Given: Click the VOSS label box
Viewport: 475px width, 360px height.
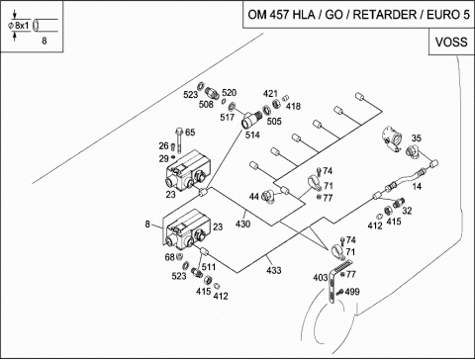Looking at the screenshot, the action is click(x=451, y=42).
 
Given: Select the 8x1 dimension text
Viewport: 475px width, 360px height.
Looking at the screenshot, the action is click(x=22, y=26).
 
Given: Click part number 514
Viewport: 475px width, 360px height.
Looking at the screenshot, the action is click(x=252, y=135).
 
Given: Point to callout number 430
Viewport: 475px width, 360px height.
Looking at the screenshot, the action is click(x=242, y=225).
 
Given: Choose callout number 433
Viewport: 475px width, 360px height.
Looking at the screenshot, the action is click(x=274, y=270).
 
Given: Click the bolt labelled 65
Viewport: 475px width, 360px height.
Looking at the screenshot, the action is click(x=179, y=140).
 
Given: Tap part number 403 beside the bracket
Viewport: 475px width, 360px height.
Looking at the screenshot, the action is click(x=321, y=278).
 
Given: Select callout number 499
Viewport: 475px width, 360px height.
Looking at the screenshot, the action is click(x=352, y=292).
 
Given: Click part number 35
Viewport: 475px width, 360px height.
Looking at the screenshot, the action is click(x=417, y=138).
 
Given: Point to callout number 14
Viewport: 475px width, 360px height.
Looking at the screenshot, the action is click(x=417, y=187).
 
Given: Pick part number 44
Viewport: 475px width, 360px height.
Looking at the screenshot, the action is click(x=254, y=197).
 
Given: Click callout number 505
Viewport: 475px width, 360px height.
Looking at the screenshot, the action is click(x=274, y=122).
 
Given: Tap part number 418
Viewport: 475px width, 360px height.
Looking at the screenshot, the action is click(x=293, y=106).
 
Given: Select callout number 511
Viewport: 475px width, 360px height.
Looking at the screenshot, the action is click(x=209, y=267).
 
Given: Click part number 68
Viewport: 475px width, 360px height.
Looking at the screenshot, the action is click(x=169, y=257).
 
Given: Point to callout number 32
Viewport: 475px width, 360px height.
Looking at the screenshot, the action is click(x=407, y=211).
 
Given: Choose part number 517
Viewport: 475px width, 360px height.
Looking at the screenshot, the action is click(x=227, y=117).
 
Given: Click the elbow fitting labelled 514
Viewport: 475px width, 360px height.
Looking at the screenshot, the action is click(x=251, y=120).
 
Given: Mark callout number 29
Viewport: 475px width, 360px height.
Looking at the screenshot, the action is click(x=163, y=159).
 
